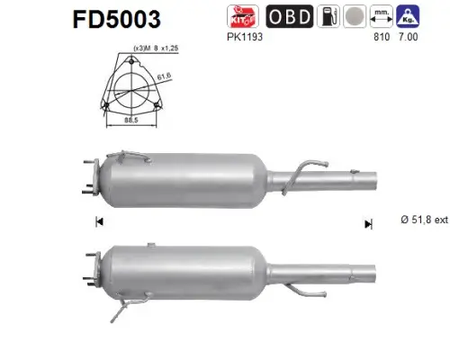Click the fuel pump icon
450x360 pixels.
[x=331, y=17]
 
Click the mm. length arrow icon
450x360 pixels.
[x=382, y=17]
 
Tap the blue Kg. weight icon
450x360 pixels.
[x=410, y=17]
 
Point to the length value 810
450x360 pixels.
[x=380, y=40]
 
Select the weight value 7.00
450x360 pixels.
[x=409, y=40]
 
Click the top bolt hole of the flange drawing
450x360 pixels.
[x=133, y=65]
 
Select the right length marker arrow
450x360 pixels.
[x=367, y=223]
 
